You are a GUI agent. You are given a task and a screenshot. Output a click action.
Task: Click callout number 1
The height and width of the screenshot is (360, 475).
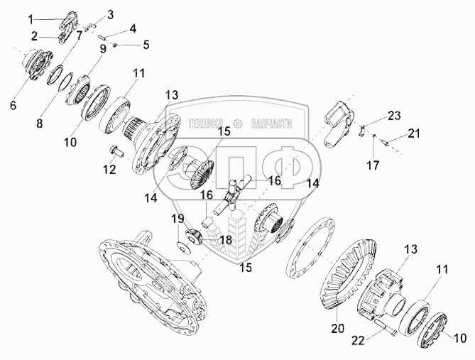[31, 20]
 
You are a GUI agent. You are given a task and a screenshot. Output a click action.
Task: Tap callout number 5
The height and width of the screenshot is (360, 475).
[146, 45]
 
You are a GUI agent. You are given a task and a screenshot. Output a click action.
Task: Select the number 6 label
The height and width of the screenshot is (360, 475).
[13, 106]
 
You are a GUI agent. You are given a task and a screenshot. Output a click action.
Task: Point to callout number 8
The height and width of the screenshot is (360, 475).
[39, 124]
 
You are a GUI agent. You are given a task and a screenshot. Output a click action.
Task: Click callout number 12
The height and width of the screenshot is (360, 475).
[109, 170]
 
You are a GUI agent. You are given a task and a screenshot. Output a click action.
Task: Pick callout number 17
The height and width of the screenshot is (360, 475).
[373, 165]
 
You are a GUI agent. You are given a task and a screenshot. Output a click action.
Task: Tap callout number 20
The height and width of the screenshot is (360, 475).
[338, 328]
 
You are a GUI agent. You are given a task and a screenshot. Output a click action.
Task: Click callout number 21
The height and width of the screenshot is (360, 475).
[414, 133]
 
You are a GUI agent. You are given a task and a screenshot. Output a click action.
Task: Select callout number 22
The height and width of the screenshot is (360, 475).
[359, 341]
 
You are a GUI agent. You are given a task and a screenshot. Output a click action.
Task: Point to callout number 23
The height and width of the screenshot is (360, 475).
[394, 116]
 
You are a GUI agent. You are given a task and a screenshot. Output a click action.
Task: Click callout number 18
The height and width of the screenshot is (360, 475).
[226, 240]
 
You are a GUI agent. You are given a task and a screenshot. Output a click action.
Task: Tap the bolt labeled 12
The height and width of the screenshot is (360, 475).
[118, 151]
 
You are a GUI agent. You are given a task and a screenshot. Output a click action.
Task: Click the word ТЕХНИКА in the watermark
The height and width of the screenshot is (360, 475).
[206, 124]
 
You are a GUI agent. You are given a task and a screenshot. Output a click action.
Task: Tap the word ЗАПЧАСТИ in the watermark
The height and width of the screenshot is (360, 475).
[271, 124]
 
